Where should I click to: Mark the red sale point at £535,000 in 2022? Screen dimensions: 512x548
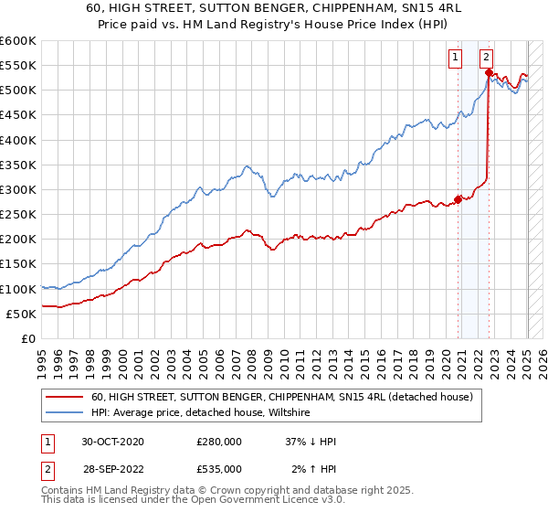[489, 72]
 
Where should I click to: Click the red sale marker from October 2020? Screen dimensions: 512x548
[458, 199]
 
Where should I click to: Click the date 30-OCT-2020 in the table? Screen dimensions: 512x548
[112, 442]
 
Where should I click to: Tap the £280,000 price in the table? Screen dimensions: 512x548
[219, 442]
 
